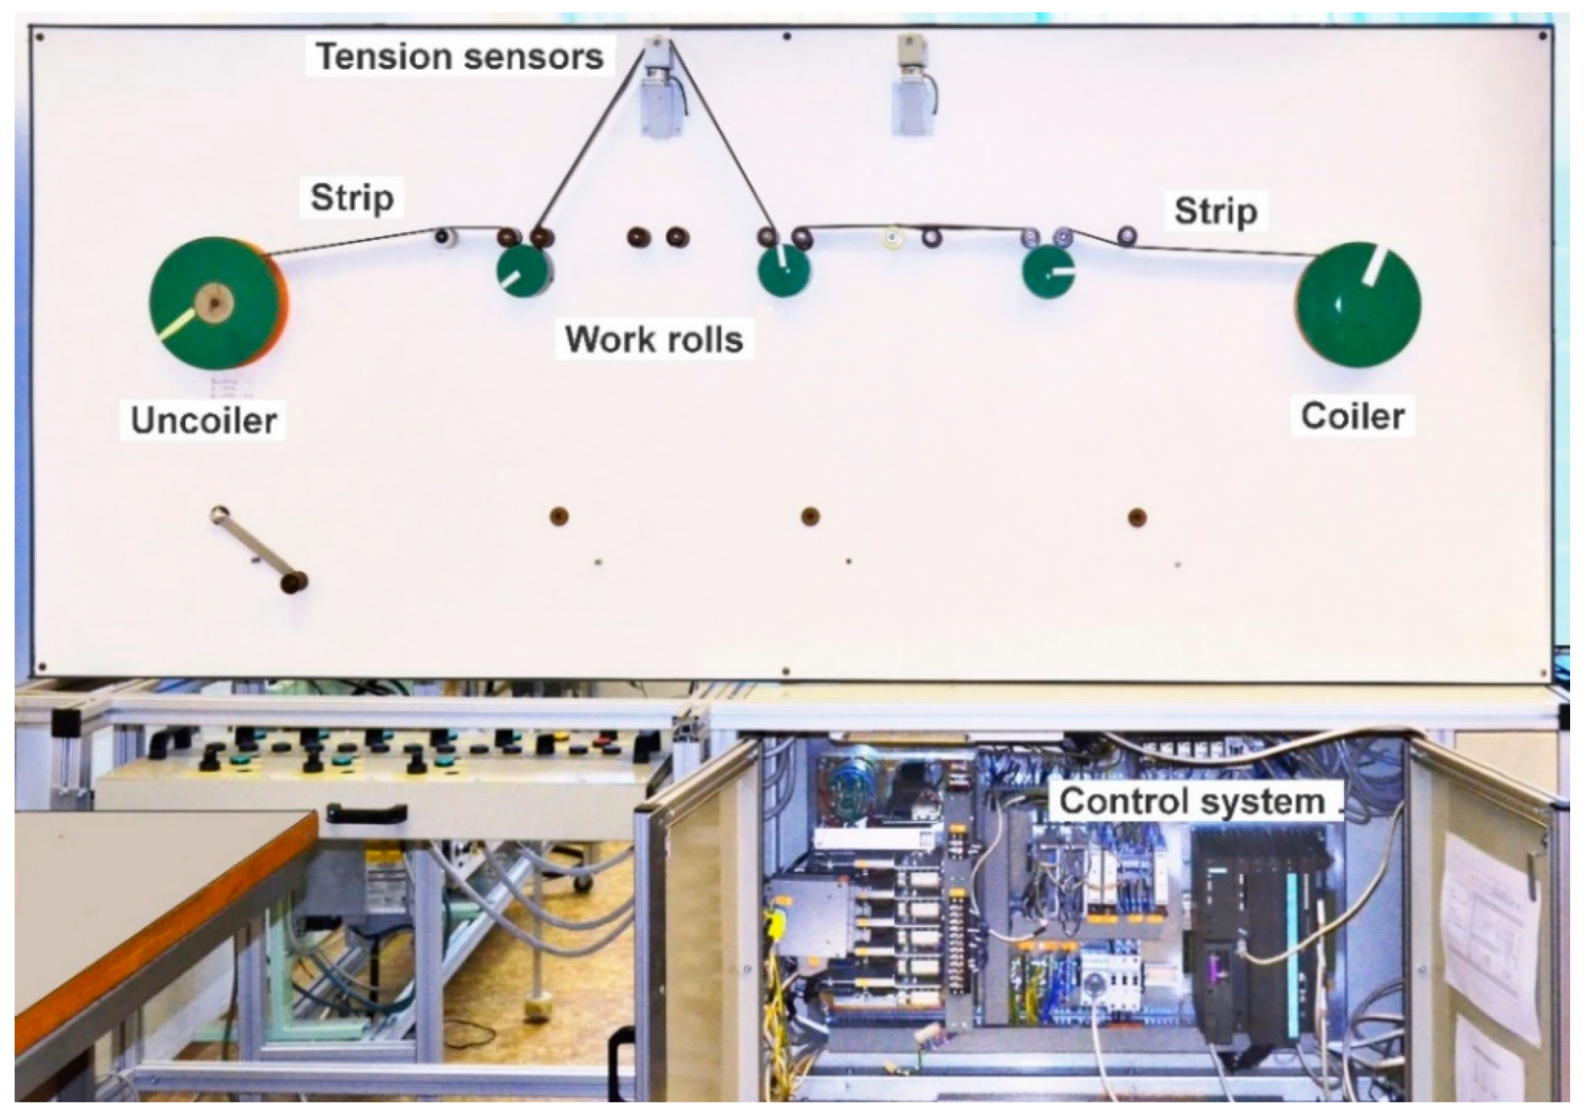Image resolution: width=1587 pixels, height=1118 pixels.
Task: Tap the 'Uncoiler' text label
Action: [203, 420]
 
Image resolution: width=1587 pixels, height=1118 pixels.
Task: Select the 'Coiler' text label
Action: [1352, 416]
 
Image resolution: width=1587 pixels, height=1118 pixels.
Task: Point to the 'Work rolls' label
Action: [654, 339]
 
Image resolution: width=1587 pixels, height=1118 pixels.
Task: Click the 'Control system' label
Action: [1192, 801]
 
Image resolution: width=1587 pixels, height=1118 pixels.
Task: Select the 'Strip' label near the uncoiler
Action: [352, 198]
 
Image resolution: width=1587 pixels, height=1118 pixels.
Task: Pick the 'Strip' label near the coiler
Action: [1215, 210]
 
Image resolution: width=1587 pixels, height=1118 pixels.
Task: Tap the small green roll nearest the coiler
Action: [1048, 272]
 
